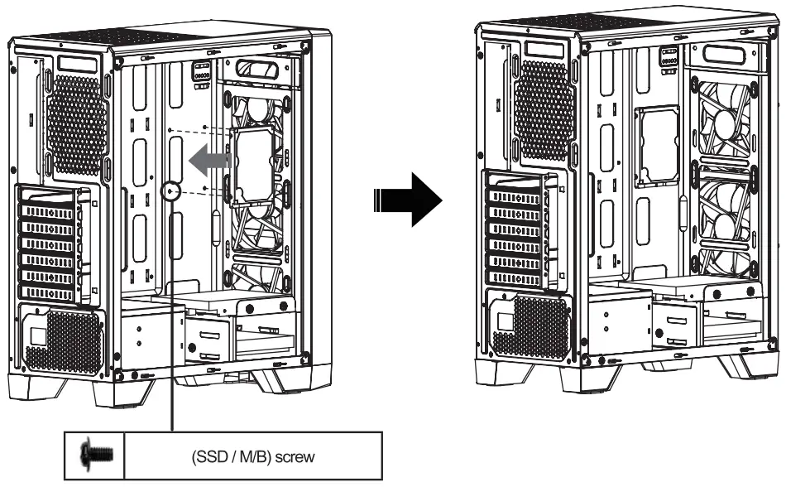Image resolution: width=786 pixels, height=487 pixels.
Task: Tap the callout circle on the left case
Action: pos(172,191)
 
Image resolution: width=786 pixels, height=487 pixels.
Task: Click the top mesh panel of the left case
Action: pos(124,37)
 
